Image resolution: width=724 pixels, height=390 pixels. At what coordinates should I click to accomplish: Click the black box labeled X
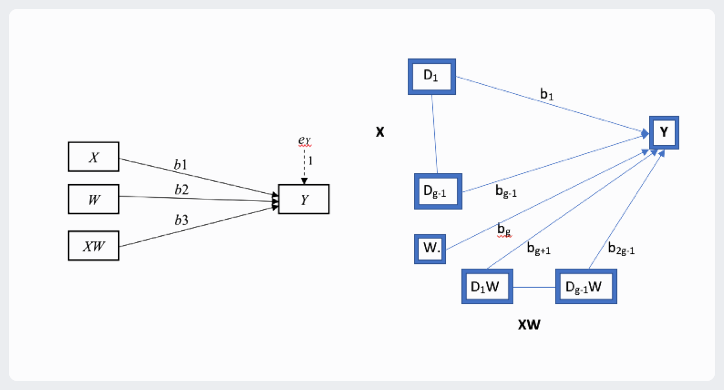(93, 158)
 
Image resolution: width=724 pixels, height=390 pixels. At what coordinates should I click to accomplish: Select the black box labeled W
(93, 199)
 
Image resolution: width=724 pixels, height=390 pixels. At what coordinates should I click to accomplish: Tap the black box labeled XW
(93, 246)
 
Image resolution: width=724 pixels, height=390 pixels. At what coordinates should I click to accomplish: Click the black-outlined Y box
(304, 199)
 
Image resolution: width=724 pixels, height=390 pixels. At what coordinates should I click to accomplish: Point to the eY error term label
(305, 140)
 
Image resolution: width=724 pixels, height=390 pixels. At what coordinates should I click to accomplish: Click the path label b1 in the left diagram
(181, 164)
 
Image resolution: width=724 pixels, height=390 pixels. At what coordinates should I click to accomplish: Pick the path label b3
(181, 220)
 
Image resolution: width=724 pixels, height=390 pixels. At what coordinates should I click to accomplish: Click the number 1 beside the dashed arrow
(311, 162)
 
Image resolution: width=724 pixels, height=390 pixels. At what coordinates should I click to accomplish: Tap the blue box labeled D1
(431, 76)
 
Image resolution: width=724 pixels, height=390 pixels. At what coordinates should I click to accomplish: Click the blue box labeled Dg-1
(438, 191)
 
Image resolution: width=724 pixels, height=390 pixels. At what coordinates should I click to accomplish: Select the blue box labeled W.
(430, 249)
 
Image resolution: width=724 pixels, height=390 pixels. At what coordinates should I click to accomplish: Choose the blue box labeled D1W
(487, 286)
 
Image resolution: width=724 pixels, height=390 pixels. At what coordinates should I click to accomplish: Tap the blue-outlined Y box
(664, 132)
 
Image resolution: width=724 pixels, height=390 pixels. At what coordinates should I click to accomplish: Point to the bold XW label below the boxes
(529, 325)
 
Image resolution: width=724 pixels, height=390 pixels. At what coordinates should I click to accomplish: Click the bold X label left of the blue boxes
(380, 133)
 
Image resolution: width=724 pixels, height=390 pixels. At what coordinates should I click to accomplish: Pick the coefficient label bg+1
(539, 250)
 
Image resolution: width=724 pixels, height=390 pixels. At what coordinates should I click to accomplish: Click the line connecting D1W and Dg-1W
(534, 287)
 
